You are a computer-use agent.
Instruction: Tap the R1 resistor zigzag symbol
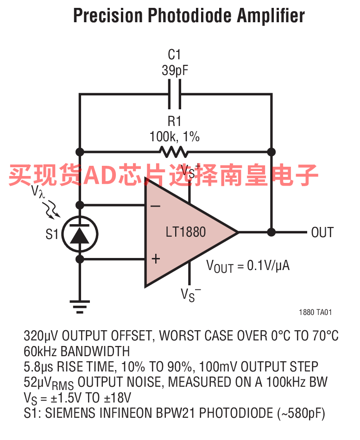[x=174, y=151]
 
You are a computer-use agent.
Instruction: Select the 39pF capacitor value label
[x=174, y=70]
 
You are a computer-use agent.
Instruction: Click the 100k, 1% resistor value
[x=174, y=137]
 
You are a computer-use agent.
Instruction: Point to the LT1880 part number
[x=185, y=232]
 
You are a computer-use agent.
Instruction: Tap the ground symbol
[x=80, y=305]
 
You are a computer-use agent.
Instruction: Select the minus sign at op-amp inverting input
[x=156, y=206]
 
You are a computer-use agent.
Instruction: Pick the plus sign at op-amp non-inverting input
[x=156, y=259]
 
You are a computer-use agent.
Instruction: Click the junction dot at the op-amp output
[x=272, y=232]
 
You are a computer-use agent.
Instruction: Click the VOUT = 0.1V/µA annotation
[x=248, y=266]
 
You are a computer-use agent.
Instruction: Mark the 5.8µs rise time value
[x=38, y=367]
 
